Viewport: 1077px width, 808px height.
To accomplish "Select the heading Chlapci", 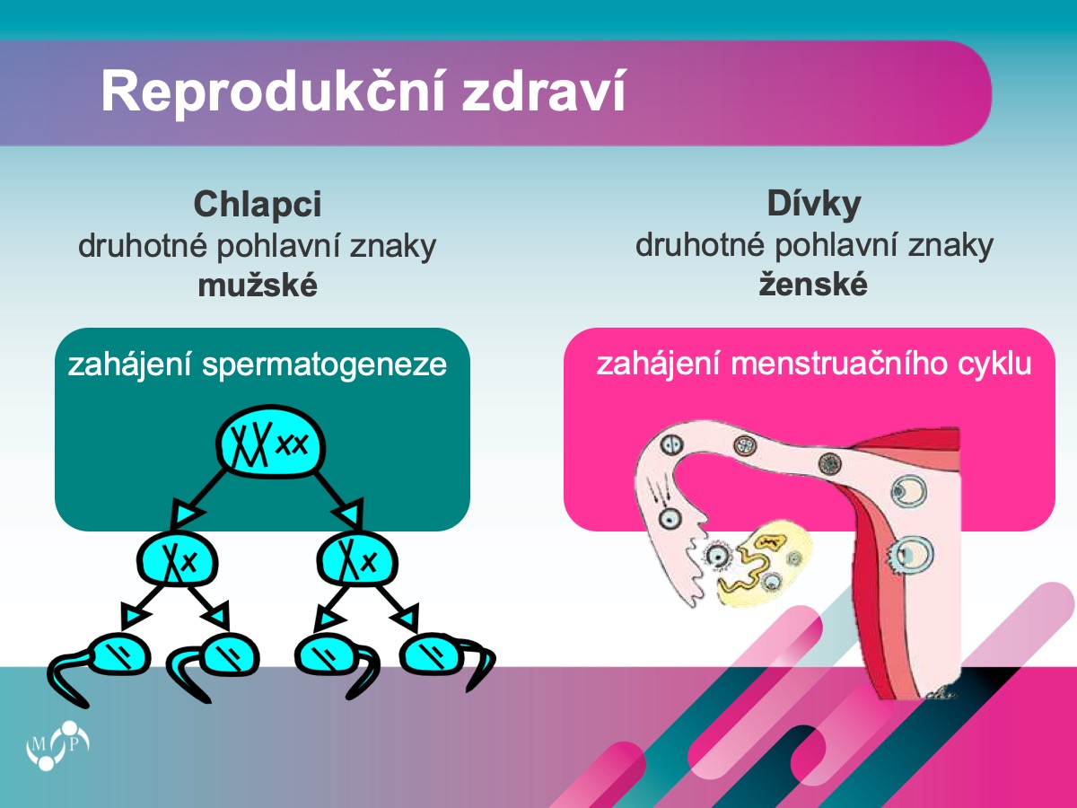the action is point(258,204).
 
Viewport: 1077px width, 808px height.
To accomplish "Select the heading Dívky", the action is point(814,203).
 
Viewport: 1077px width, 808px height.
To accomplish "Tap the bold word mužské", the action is point(258,285).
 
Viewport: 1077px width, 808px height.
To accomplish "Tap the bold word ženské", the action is point(813,285).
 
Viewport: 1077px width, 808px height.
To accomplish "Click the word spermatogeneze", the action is point(324,365).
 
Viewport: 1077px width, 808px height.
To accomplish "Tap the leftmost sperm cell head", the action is point(121,656).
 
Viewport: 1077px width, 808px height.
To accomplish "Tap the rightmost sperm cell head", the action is point(432,656).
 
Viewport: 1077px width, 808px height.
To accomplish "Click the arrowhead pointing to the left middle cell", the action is point(188,513).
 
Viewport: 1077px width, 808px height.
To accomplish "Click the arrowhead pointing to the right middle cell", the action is point(349,513).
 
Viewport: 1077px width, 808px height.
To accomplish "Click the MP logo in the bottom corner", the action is point(58,745).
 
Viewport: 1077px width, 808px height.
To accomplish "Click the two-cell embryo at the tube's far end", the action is point(670,445).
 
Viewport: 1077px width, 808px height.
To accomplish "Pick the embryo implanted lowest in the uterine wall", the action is point(910,555).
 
